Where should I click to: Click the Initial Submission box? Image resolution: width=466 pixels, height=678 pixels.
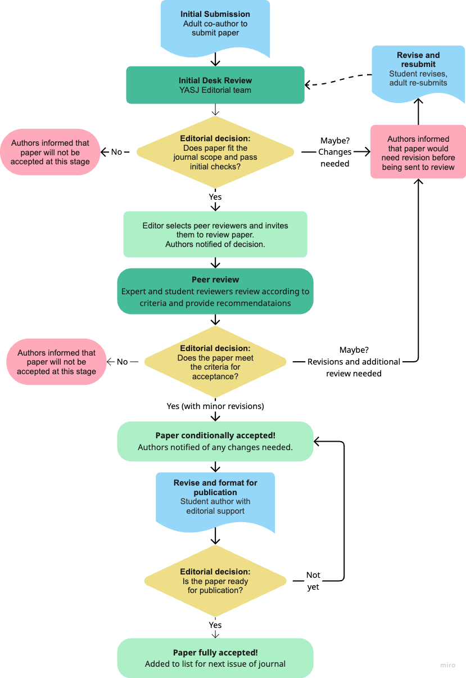point(215,25)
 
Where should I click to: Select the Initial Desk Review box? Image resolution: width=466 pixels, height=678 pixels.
point(215,85)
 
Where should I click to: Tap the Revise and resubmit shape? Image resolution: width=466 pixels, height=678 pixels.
point(418,70)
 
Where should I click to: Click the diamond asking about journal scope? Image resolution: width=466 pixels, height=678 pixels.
point(215,152)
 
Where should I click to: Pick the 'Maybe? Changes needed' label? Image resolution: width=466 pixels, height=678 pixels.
point(334,152)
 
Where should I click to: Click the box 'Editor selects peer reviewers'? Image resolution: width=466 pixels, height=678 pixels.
point(215,235)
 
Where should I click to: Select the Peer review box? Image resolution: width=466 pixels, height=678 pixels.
point(215,291)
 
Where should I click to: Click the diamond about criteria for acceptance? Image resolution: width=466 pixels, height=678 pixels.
point(215,362)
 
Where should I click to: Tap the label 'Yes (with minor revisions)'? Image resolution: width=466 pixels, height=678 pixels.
point(215,406)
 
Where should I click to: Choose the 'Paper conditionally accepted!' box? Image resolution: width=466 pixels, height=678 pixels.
point(215,442)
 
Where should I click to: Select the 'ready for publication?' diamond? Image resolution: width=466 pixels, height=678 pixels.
point(215,581)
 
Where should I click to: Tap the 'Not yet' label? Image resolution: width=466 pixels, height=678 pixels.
point(313,581)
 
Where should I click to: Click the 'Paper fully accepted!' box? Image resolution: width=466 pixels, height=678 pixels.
point(215,658)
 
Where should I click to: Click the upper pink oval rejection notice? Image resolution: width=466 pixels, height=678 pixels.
point(50,152)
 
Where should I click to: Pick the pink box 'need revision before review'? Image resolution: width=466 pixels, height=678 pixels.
point(418,152)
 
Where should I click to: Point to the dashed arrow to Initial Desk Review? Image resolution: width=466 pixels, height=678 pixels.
point(337,81)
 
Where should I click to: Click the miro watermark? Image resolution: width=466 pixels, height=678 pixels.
point(447,666)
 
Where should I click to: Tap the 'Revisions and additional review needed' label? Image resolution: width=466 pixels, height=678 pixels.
point(354,362)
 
